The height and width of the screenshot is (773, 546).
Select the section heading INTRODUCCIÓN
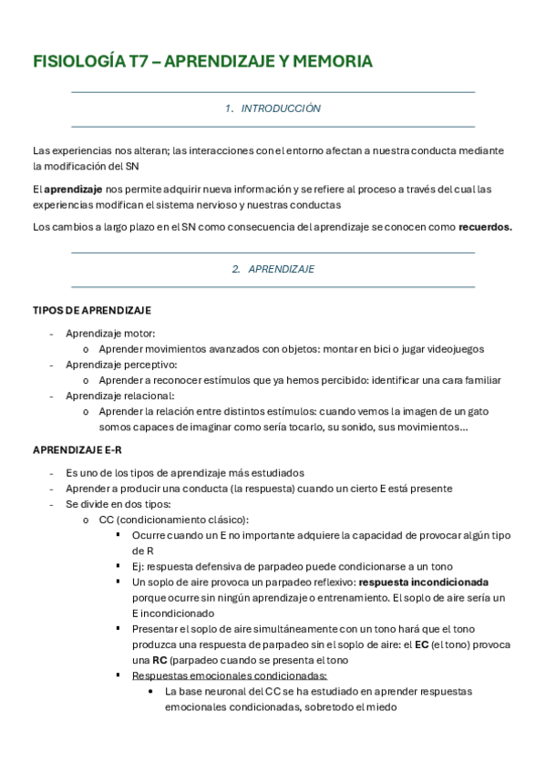pyautogui.click(x=281, y=108)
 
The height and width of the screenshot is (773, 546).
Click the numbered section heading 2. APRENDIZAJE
pyautogui.click(x=273, y=270)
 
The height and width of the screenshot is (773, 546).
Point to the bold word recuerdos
pyautogui.click(x=485, y=228)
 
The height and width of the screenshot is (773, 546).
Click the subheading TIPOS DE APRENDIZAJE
pyautogui.click(x=91, y=311)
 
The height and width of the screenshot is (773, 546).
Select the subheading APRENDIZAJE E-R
pyautogui.click(x=77, y=451)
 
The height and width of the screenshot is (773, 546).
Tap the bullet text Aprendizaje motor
pyautogui.click(x=110, y=334)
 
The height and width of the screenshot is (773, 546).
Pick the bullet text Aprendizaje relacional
pyautogui.click(x=119, y=396)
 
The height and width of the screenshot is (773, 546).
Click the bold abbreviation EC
pyautogui.click(x=421, y=644)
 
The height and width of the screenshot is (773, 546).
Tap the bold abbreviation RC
pyautogui.click(x=159, y=660)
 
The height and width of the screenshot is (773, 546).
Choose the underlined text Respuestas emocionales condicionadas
pyautogui.click(x=230, y=675)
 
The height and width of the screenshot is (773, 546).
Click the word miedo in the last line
pyautogui.click(x=380, y=706)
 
